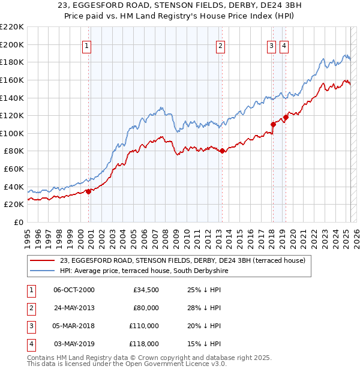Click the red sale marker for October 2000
point(88,191)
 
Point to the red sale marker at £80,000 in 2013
point(222,151)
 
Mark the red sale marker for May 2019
point(286,117)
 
